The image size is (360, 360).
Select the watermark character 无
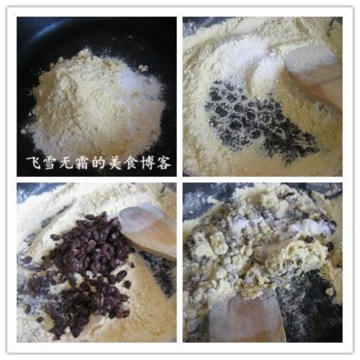click(x=66, y=163)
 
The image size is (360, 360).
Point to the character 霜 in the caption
click(x=82, y=163)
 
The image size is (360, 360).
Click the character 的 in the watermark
click(x=99, y=163)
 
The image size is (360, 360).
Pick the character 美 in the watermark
click(x=115, y=163)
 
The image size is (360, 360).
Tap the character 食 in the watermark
click(x=131, y=163)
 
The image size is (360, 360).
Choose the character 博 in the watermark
click(x=148, y=163)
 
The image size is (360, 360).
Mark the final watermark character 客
click(x=164, y=163)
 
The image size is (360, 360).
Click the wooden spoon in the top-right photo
click(x=314, y=78)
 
